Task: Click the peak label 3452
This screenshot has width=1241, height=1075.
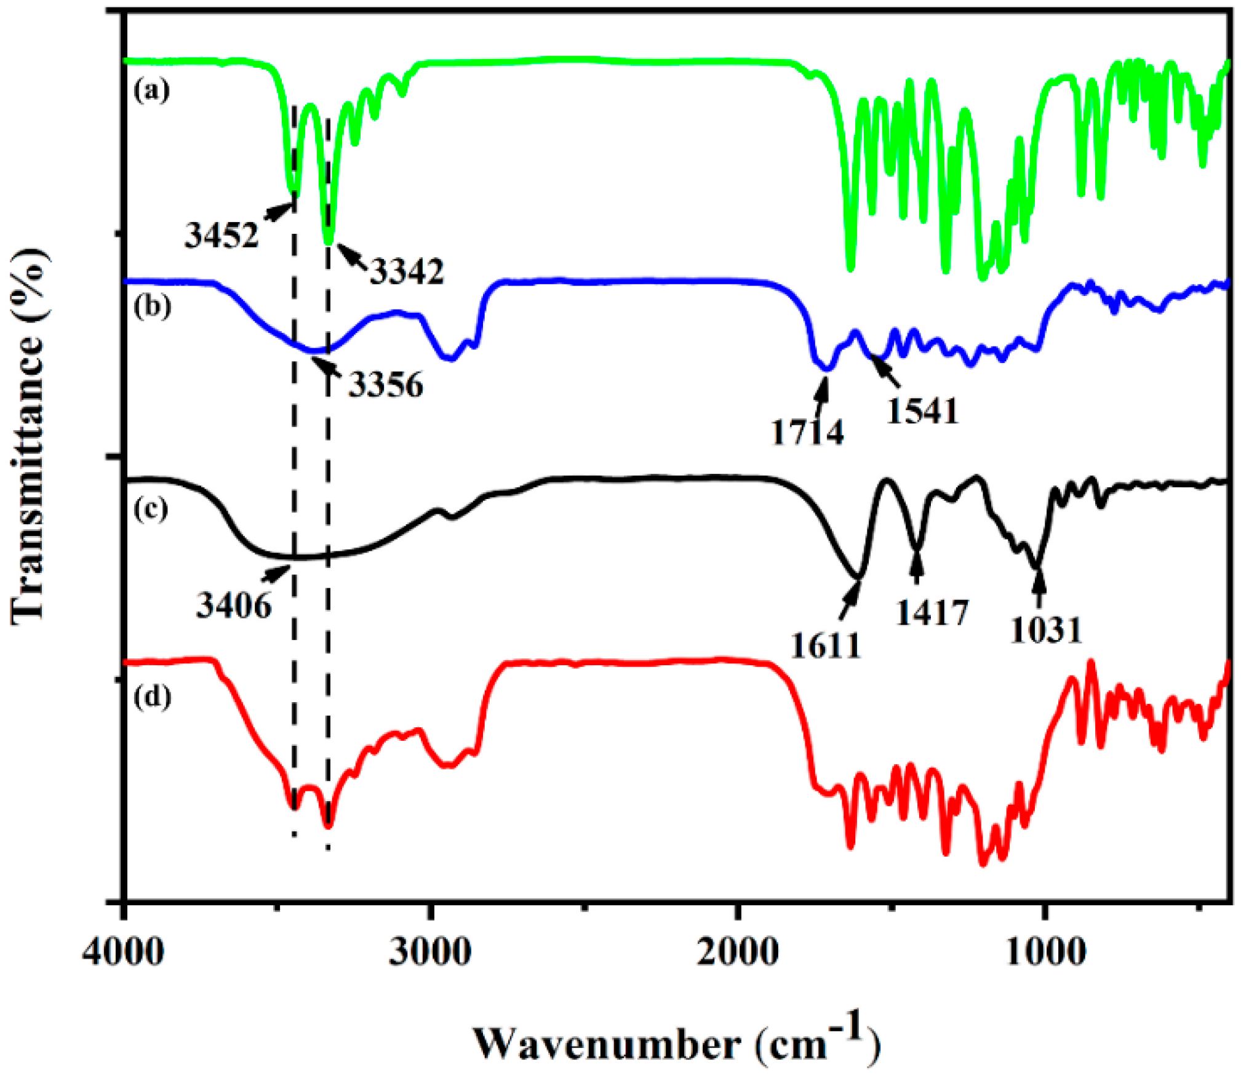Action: [222, 235]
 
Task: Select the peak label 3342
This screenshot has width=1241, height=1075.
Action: [407, 271]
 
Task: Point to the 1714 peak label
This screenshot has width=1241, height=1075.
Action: [807, 432]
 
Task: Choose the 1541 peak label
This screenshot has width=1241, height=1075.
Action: [922, 411]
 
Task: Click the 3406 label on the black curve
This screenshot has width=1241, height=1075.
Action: [234, 605]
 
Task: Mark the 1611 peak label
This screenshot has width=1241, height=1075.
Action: [825, 645]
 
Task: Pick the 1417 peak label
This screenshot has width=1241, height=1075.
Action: [932, 612]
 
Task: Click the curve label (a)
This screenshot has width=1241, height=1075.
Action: [151, 90]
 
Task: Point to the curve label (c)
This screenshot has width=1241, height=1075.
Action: [151, 510]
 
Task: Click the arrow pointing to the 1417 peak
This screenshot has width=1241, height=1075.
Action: [917, 568]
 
